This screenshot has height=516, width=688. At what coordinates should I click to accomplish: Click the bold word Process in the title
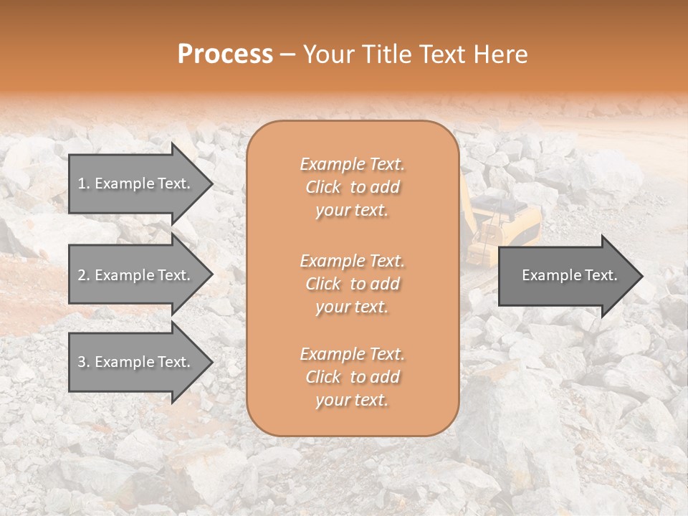[225, 54]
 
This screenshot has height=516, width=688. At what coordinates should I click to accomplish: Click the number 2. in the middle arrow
[84, 275]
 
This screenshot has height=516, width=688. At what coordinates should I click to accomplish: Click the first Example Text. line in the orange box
[352, 164]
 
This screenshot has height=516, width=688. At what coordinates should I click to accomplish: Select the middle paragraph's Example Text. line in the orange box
[352, 261]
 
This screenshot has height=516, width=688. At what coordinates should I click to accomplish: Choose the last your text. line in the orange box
[352, 401]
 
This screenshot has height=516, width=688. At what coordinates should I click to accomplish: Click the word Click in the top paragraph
[323, 188]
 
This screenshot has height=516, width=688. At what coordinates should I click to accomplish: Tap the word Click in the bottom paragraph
[323, 378]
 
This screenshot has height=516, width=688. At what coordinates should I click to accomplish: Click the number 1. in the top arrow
[84, 183]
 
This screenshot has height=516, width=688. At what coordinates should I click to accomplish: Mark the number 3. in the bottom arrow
[84, 362]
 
